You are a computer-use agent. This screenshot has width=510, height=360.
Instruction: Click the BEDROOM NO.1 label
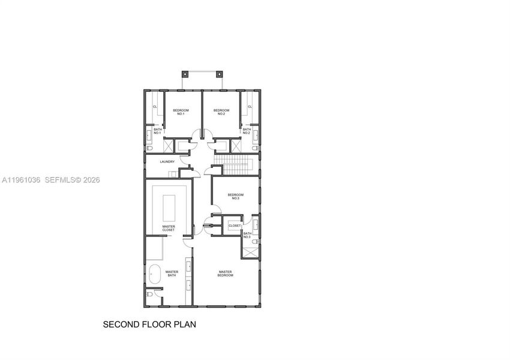pos(181,112)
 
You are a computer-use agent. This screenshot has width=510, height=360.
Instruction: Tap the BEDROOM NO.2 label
pos(221,112)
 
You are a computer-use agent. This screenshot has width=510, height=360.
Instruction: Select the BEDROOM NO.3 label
pos(236,196)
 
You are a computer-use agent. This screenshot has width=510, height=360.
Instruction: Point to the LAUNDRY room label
pos(167,162)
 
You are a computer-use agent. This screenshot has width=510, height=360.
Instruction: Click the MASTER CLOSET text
pos(169,229)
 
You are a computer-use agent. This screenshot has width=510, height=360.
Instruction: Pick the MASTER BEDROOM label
pos(225,273)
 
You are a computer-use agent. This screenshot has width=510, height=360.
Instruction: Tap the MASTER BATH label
pos(172,273)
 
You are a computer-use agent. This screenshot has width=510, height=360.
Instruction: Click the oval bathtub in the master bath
pos(154,274)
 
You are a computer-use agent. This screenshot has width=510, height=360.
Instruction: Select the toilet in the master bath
pos(150,294)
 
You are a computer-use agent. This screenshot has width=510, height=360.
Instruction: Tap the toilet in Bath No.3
pos(254,242)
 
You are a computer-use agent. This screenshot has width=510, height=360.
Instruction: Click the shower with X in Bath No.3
pos(250,252)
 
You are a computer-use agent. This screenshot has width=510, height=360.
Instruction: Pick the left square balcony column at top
pos(185,75)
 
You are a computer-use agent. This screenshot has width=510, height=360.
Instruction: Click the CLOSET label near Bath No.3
pos(235,226)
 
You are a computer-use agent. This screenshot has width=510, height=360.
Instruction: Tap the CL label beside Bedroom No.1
pos(155,107)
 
